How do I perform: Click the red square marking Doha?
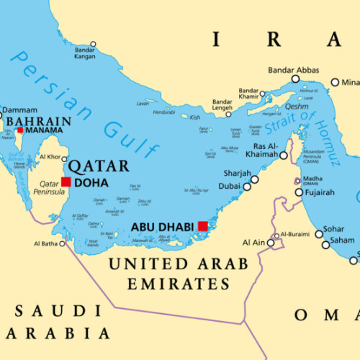point(66,182)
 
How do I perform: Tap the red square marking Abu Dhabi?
point(203,226)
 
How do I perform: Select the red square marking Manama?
point(19,130)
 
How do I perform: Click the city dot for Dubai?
point(247,186)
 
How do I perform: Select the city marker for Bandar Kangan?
point(92,45)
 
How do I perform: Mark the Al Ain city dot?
point(271,243)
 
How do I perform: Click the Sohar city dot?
point(319,234)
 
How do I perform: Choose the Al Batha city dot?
point(62,243)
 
